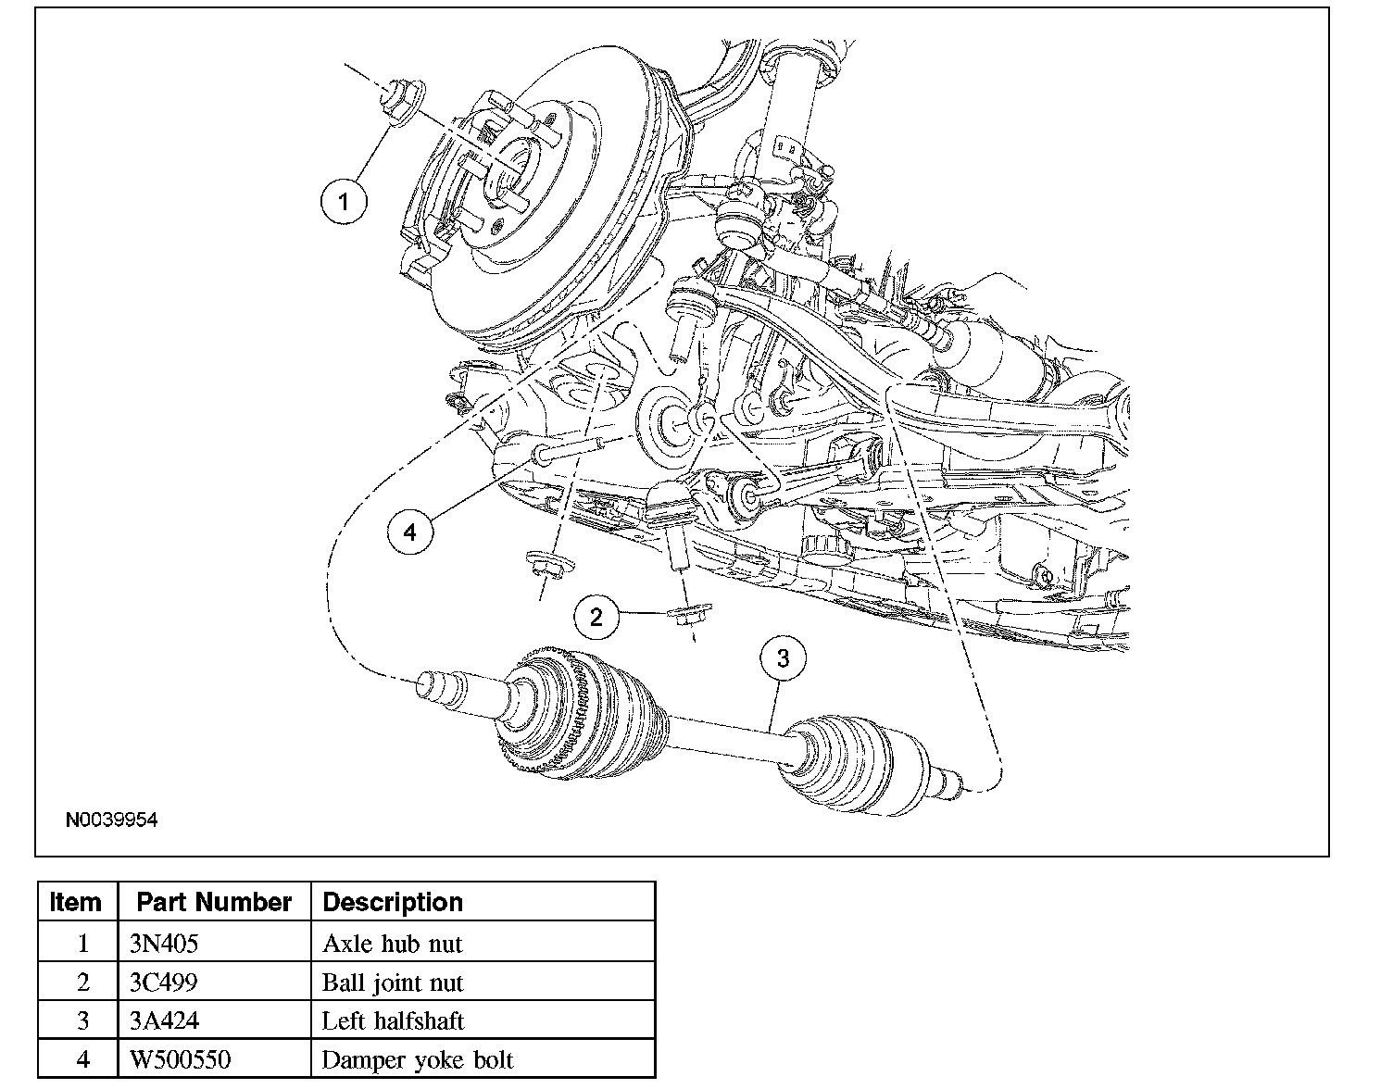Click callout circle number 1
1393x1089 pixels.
[344, 201]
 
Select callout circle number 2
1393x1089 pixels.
[596, 618]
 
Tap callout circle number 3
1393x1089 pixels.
[783, 658]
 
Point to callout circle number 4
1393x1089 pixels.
[410, 532]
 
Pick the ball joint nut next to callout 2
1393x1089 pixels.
[689, 613]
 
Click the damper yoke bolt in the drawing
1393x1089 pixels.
[568, 449]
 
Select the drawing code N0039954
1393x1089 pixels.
[111, 820]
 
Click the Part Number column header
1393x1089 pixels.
[214, 902]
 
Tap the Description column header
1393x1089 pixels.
[393, 902]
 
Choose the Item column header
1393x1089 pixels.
[76, 902]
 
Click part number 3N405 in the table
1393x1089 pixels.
[164, 943]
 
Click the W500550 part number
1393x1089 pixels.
[180, 1059]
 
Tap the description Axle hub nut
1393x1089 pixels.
[393, 943]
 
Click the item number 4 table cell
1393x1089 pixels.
[78, 1059]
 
